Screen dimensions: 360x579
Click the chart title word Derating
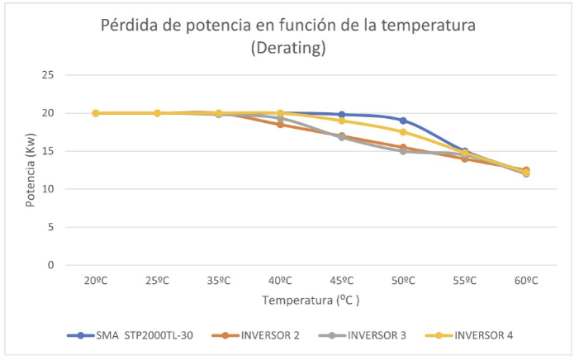click(288, 49)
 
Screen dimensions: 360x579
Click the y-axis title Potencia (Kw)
click(31, 170)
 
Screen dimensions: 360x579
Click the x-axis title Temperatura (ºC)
click(311, 301)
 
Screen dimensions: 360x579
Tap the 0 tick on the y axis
click(51, 265)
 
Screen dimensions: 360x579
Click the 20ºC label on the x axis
click(96, 281)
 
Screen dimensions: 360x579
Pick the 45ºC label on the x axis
click(342, 281)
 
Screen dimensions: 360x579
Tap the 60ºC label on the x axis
click(526, 281)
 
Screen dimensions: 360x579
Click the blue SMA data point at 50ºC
click(403, 121)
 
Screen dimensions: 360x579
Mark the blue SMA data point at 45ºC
click(342, 115)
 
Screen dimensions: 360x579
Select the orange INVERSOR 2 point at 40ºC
click(280, 125)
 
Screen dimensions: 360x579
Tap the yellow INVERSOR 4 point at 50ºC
click(403, 132)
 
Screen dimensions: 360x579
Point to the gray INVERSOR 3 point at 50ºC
click(403, 151)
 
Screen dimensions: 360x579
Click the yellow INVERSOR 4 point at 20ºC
click(96, 113)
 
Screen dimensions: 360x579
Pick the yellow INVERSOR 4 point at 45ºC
click(342, 121)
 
